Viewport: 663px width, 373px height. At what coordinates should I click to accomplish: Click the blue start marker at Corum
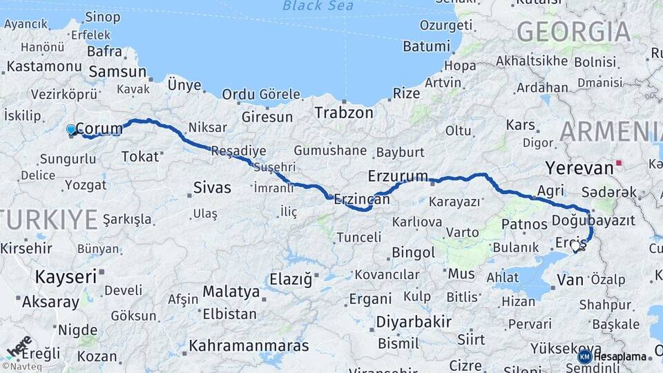pos(71,129)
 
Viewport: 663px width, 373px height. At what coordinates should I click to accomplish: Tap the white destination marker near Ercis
pos(575,246)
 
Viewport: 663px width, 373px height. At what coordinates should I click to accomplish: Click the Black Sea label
pos(318,6)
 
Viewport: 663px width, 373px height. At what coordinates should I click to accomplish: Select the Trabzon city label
pos(344,113)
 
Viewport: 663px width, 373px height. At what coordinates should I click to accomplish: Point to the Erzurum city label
pos(398,175)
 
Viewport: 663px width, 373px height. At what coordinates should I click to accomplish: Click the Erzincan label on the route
pos(362,199)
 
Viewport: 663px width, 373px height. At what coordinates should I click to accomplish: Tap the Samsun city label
pos(118,72)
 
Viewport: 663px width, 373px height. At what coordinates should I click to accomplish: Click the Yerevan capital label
pos(579,167)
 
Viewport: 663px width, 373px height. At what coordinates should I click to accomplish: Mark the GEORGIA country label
pos(573,32)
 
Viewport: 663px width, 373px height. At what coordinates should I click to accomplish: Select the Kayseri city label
pos(66,277)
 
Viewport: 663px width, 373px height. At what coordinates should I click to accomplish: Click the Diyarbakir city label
pos(414,321)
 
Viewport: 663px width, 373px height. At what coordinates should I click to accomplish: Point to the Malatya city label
pos(231,292)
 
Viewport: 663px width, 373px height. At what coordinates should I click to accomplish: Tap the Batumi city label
pos(426,46)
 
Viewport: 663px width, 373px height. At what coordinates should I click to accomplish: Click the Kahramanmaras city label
pos(249,345)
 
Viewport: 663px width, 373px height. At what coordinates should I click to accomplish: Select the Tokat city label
pos(140,157)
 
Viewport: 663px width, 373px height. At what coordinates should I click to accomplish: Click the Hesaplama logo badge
pos(613,356)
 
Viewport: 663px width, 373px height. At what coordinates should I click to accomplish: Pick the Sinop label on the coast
pos(102,17)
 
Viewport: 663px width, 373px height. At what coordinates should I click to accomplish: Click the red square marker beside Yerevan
pos(619,163)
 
